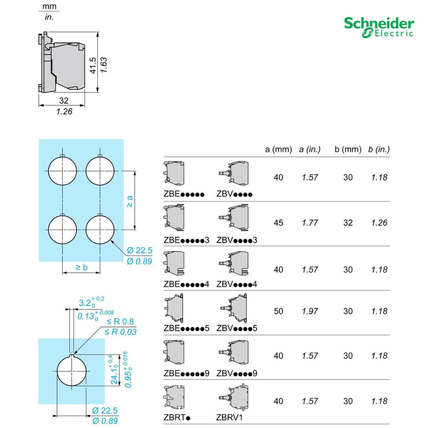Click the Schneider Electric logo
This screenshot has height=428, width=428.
click(379, 27)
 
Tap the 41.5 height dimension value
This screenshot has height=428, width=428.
click(93, 65)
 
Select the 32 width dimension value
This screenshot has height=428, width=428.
click(63, 101)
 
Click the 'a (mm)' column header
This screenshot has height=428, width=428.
click(278, 149)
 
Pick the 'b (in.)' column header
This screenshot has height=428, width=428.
click(379, 149)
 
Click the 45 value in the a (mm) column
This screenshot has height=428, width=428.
click(278, 223)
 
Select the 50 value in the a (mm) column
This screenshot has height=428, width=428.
click(278, 311)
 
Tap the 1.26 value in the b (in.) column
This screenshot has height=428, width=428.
click(379, 223)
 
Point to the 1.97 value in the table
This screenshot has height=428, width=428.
click(310, 311)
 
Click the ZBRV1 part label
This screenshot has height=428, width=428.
click(229, 417)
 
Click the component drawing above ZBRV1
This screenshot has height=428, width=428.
click(234, 398)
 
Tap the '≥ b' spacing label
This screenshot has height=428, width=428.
click(81, 267)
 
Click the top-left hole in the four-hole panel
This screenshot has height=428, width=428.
click(62, 171)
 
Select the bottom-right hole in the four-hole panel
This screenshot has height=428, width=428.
click(100, 230)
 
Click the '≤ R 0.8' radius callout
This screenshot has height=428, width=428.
click(120, 321)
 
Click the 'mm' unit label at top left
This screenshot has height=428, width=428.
click(49, 7)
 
